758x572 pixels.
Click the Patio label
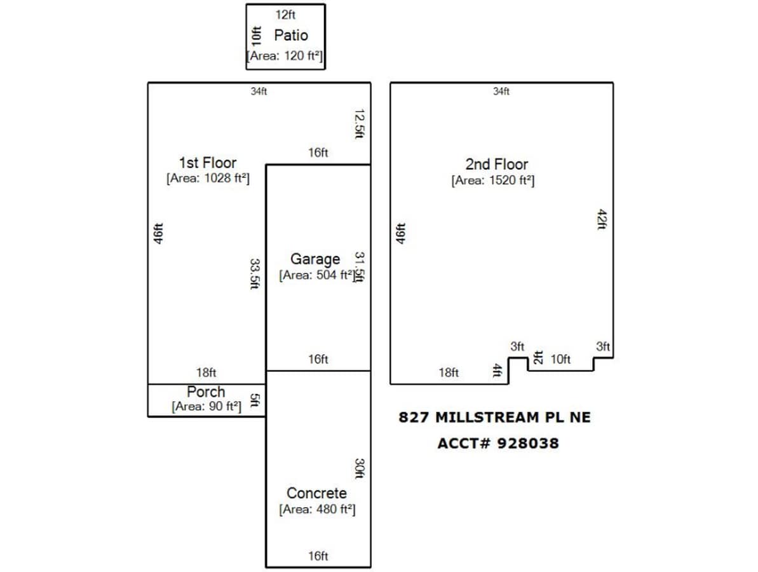click(x=291, y=35)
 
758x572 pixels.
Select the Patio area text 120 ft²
click(x=285, y=56)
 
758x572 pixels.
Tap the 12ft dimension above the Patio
click(x=285, y=15)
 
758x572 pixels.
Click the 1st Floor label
click(x=207, y=163)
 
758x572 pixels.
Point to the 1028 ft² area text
click(x=208, y=179)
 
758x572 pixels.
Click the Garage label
click(x=315, y=259)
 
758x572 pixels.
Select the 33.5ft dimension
click(x=254, y=273)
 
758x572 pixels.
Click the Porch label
click(x=206, y=392)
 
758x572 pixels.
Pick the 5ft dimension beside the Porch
click(x=254, y=400)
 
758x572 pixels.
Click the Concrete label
click(x=316, y=493)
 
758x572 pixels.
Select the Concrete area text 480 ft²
click(x=316, y=509)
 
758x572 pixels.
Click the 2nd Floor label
click(x=496, y=164)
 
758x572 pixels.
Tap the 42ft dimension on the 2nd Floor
click(x=602, y=219)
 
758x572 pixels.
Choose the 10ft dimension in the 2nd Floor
click(x=560, y=360)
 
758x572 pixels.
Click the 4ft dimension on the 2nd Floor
click(x=497, y=371)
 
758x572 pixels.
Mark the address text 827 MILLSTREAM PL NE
click(x=494, y=418)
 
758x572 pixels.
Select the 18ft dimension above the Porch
click(x=206, y=373)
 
